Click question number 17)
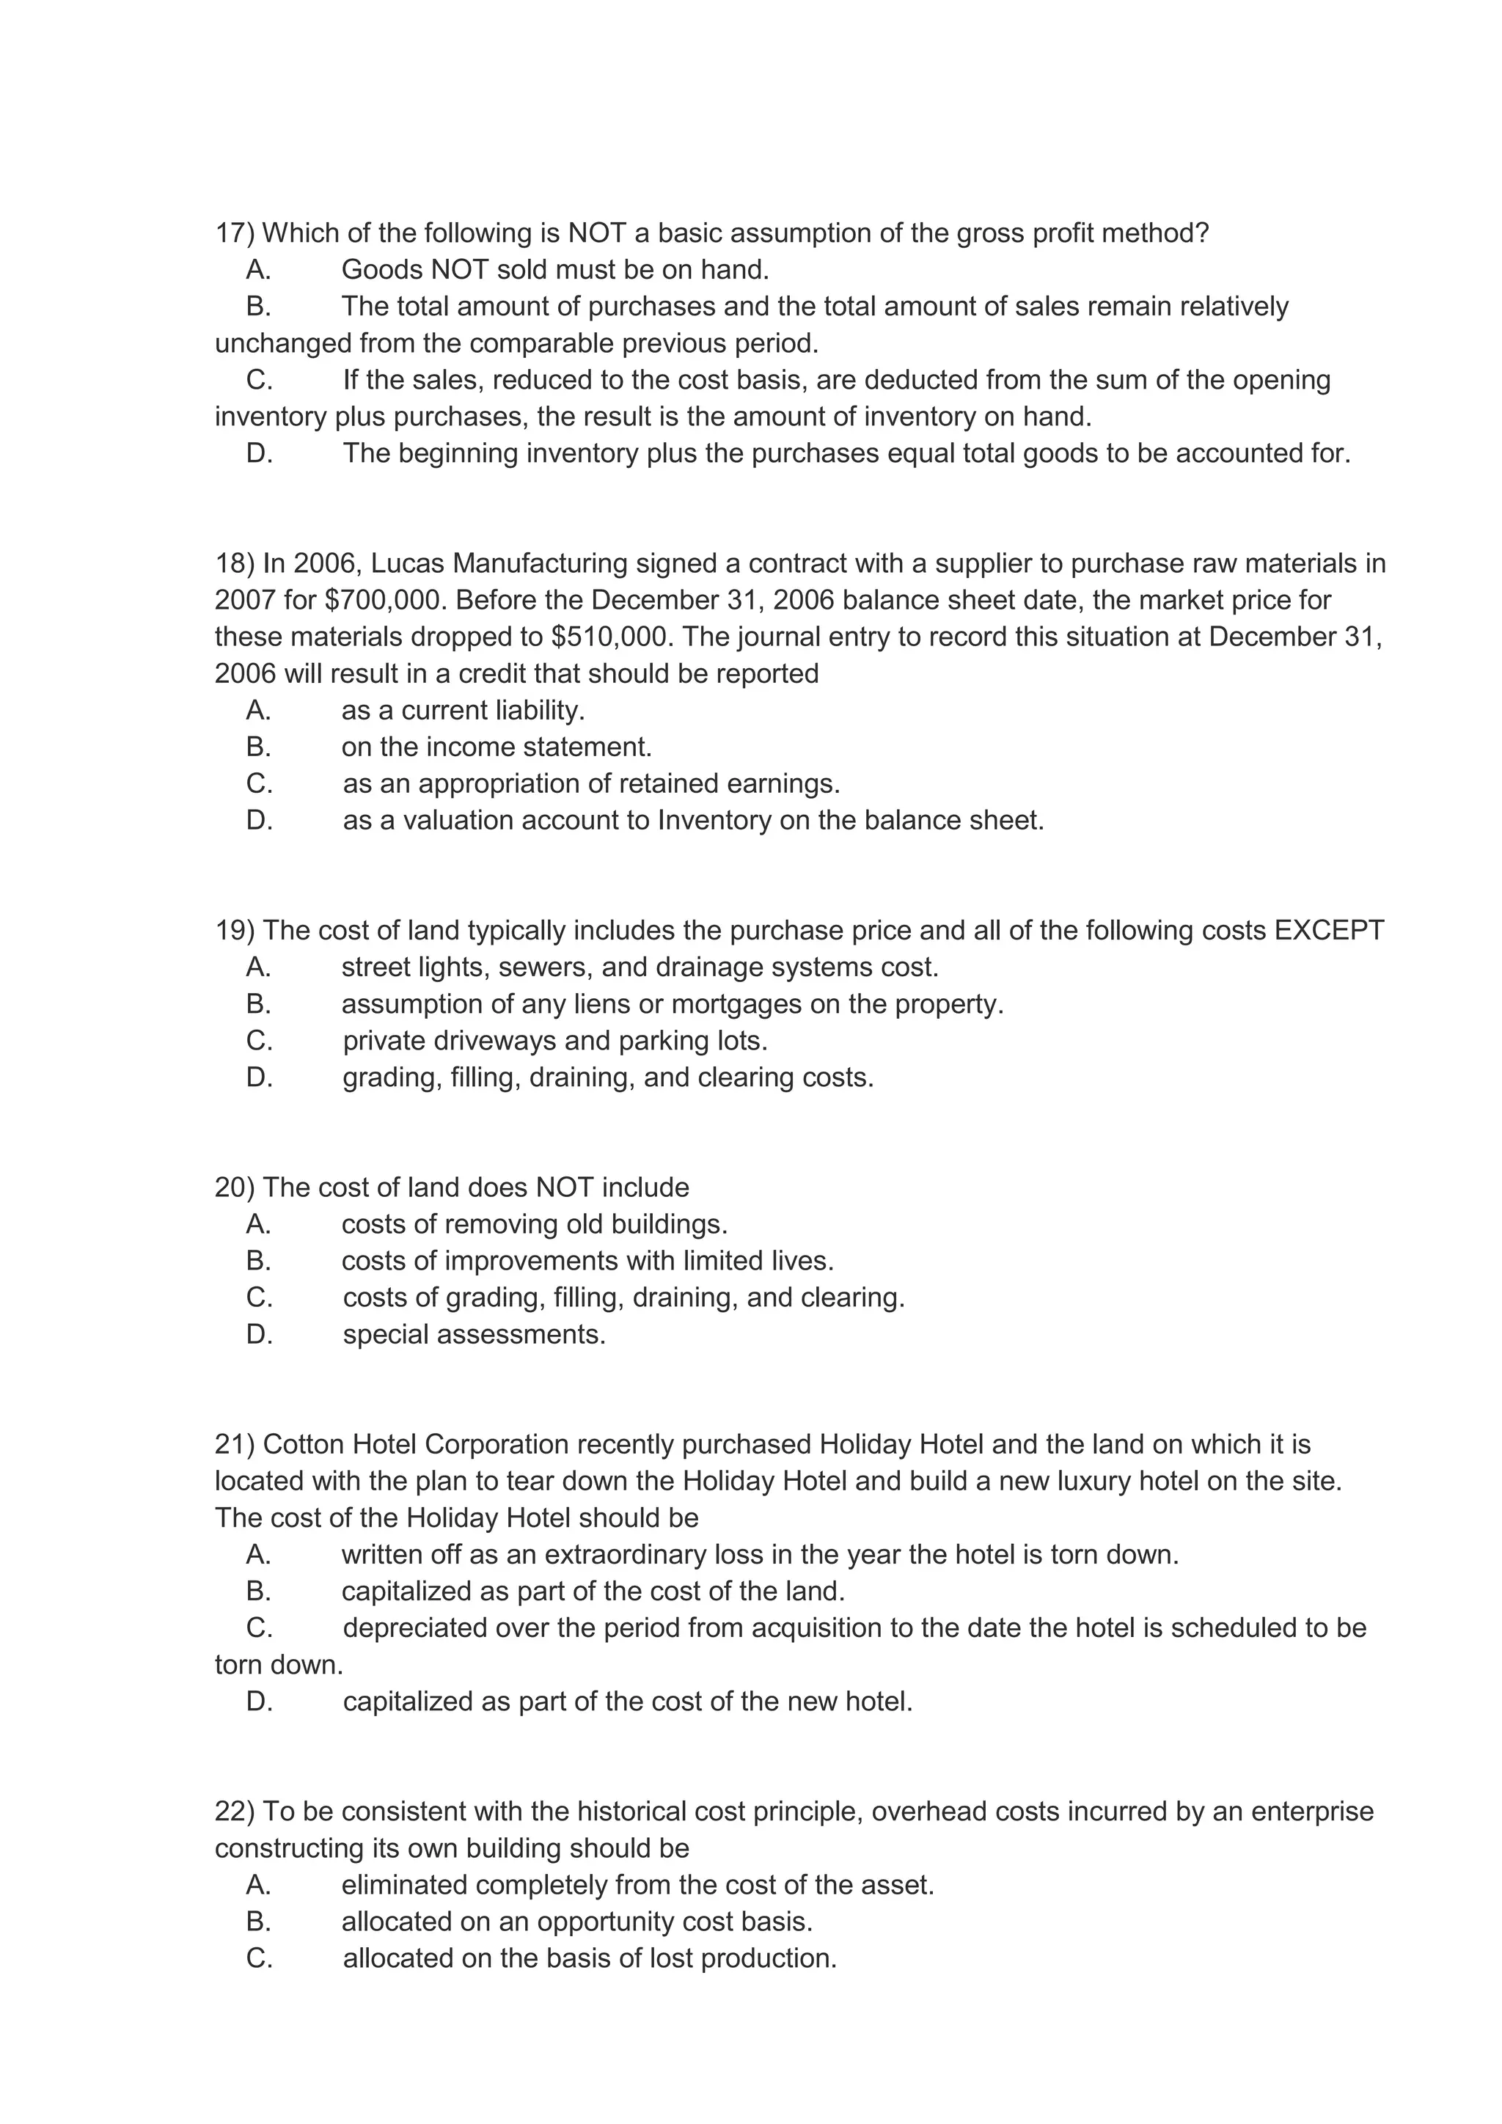click(x=234, y=233)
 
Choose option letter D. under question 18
click(x=259, y=821)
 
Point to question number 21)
click(x=234, y=1444)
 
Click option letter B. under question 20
click(x=259, y=1261)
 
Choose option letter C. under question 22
click(x=259, y=1958)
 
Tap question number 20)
click(x=234, y=1188)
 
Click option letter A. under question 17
click(x=259, y=270)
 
